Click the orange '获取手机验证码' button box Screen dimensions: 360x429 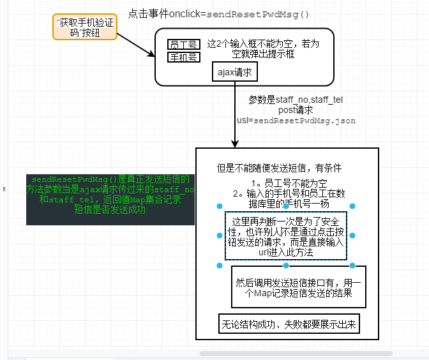pyautogui.click(x=85, y=28)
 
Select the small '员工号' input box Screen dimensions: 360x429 pyautogui.click(x=183, y=44)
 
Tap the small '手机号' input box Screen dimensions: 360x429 pyautogui.click(x=183, y=57)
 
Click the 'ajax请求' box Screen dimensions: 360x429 pyautogui.click(x=234, y=73)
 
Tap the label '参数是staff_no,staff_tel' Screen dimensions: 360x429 pyautogui.click(x=296, y=100)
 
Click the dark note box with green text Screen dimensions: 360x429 pyautogui.click(x=110, y=199)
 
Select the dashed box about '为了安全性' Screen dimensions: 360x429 pyautogui.click(x=285, y=235)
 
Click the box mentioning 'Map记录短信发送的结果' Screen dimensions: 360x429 pyautogui.click(x=298, y=288)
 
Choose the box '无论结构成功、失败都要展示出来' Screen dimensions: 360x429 pyautogui.click(x=289, y=325)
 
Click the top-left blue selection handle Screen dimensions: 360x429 pyautogui.click(x=219, y=206)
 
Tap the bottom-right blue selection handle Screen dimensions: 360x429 pyautogui.click(x=352, y=265)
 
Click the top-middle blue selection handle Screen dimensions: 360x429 pyautogui.click(x=285, y=206)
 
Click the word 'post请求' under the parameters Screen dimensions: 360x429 pyautogui.click(x=296, y=110)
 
